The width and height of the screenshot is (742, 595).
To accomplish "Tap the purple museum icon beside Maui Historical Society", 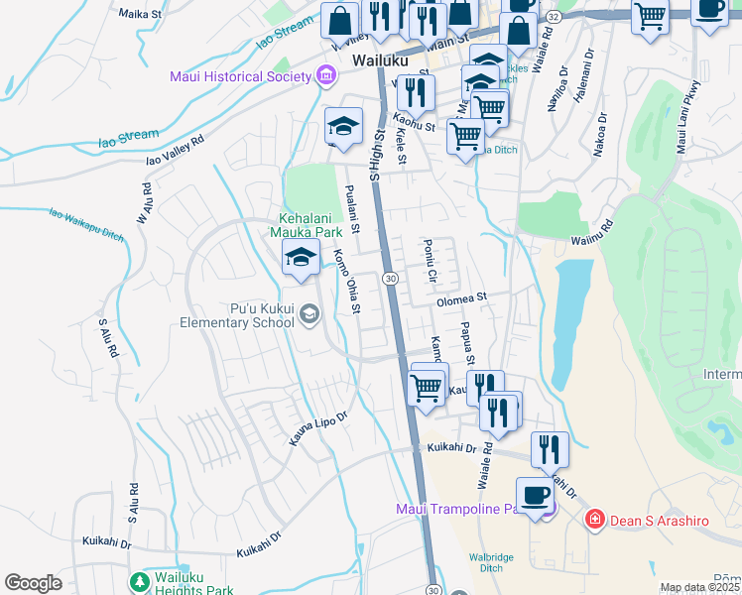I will pos(324,76).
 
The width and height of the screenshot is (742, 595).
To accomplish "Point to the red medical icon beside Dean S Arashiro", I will pos(594,519).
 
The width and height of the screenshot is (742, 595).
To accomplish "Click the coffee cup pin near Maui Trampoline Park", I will pos(535,494).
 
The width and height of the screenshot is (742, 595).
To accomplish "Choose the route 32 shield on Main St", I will pos(554,18).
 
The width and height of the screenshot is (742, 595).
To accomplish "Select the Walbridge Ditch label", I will pos(491,562).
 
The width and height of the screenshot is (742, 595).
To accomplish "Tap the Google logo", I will pos(33,582).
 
